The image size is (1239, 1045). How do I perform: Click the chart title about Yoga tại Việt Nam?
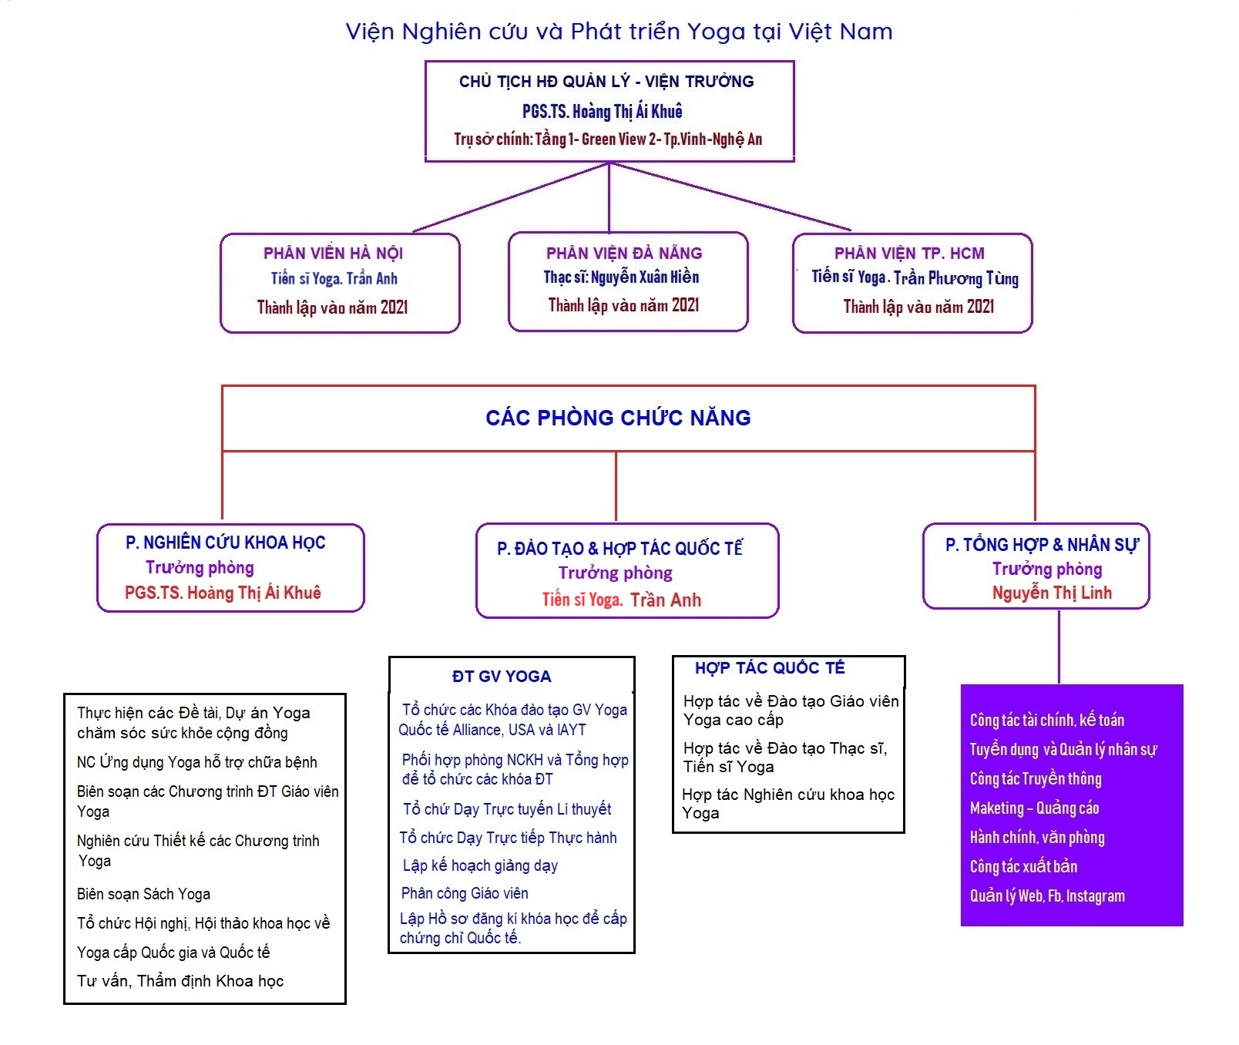pyautogui.click(x=619, y=32)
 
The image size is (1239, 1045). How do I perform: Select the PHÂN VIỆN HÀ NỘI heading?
pyautogui.click(x=333, y=254)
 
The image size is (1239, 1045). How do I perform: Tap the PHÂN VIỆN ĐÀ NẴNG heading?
pyautogui.click(x=624, y=254)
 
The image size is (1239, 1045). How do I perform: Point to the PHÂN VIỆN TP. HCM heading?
pyautogui.click(x=909, y=254)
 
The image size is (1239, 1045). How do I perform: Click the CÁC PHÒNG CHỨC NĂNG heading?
pyautogui.click(x=618, y=418)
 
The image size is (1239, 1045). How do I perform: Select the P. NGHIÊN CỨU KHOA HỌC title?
pyautogui.click(x=225, y=543)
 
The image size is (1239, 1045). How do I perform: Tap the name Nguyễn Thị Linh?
pyautogui.click(x=1052, y=593)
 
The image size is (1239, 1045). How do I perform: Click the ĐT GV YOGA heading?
pyautogui.click(x=502, y=677)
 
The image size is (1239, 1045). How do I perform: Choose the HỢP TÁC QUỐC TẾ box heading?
pyautogui.click(x=770, y=668)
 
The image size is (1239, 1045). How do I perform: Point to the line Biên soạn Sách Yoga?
pyautogui.click(x=143, y=894)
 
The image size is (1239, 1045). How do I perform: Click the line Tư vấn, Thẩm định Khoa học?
pyautogui.click(x=180, y=981)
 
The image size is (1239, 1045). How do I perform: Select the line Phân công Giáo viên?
pyautogui.click(x=465, y=893)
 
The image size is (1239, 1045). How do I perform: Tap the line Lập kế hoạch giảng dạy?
pyautogui.click(x=480, y=865)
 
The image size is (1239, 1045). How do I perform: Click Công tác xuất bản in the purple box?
pyautogui.click(x=1023, y=866)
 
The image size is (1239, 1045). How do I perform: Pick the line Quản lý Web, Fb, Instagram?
pyautogui.click(x=1047, y=895)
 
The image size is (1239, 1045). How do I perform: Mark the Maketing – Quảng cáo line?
pyautogui.click(x=1034, y=808)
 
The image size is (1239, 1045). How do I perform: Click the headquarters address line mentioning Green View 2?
pyautogui.click(x=608, y=139)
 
